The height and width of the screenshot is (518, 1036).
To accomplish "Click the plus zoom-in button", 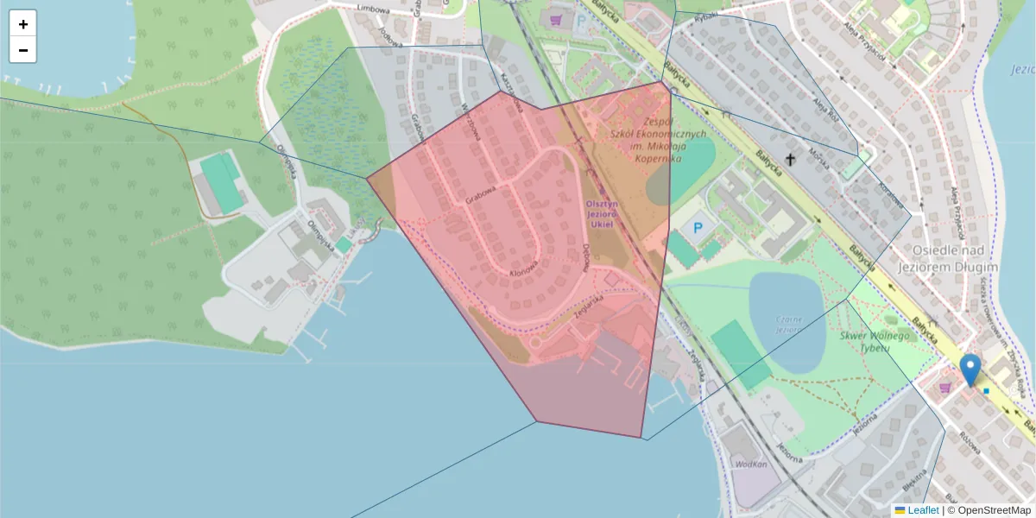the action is (23, 23).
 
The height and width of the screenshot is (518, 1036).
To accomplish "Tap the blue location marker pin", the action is (970, 370).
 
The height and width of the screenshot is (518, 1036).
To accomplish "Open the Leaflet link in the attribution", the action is (923, 510).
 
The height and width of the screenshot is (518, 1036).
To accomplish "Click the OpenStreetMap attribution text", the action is (989, 510).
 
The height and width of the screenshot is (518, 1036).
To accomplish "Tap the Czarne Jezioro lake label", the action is (787, 324).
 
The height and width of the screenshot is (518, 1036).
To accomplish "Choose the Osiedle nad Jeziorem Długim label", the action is (955, 257).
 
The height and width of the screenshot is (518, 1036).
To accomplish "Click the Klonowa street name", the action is (525, 272).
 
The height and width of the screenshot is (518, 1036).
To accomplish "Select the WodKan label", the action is (751, 464).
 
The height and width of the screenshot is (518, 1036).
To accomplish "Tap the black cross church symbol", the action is (790, 159).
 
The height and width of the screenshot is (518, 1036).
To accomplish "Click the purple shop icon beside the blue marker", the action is (945, 388).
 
